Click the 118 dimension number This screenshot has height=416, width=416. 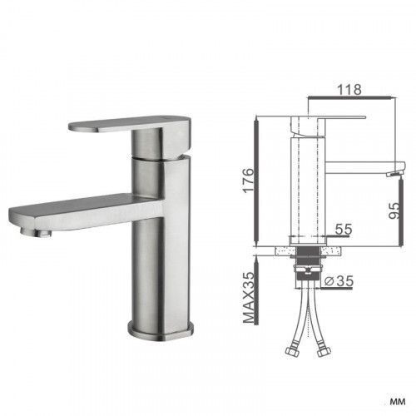click(x=349, y=89)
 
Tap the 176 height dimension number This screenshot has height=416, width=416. click(x=248, y=181)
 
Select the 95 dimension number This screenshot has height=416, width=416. click(x=394, y=211)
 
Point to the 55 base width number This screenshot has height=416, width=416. click(x=344, y=229)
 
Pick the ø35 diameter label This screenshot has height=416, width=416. click(x=339, y=281)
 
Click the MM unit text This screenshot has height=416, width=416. click(x=398, y=401)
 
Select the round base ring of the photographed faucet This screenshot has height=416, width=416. click(x=161, y=330)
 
